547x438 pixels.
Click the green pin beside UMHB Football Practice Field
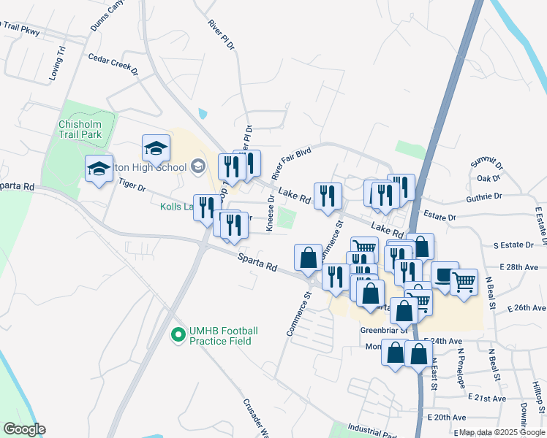(x=176, y=336)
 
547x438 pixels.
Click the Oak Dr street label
(x=488, y=178)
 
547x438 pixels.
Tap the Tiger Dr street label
(x=132, y=185)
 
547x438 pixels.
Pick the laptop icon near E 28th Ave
(x=445, y=276)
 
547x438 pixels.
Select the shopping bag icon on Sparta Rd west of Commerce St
(x=308, y=258)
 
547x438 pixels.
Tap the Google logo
(x=24, y=429)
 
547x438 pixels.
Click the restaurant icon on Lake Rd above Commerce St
(x=328, y=196)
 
